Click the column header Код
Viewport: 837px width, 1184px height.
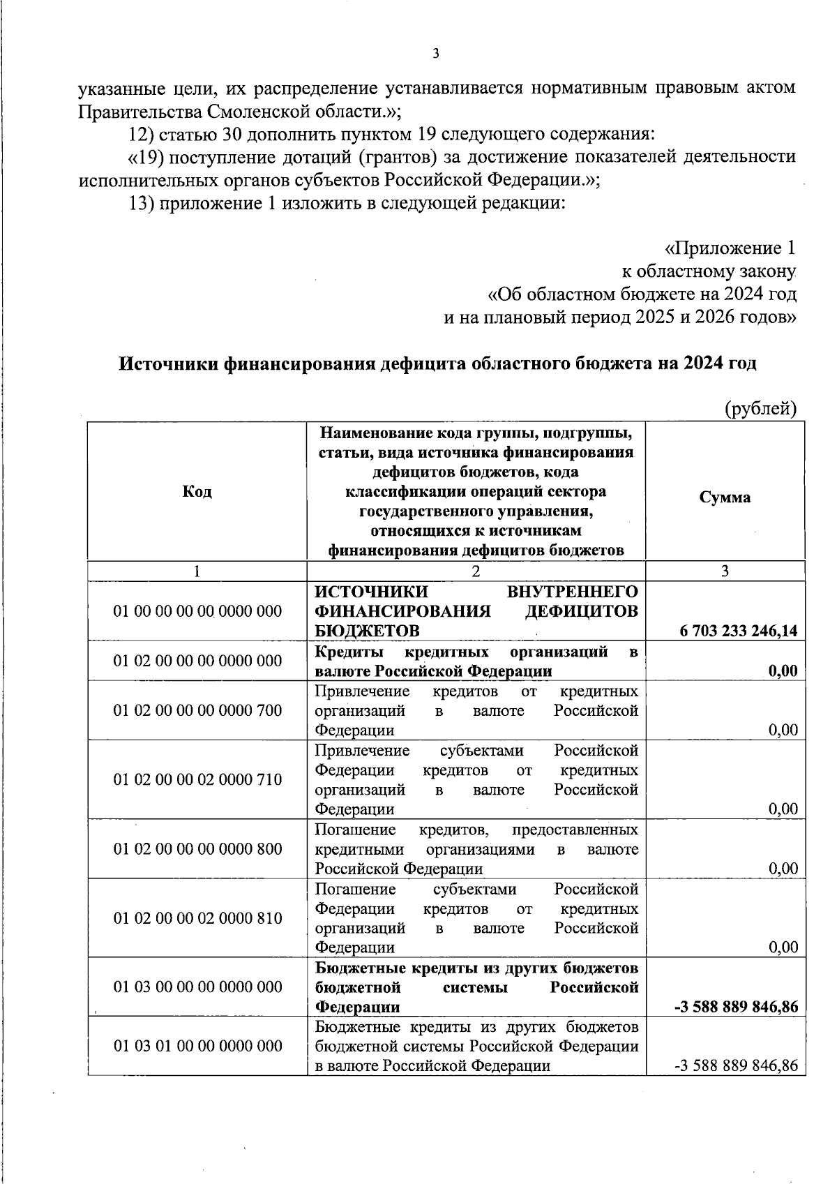(197, 493)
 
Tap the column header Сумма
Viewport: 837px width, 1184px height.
(725, 498)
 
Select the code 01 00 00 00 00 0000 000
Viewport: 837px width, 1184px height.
(197, 612)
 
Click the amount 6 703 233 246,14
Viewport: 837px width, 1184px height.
(739, 632)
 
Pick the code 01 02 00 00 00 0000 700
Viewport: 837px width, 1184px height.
(197, 711)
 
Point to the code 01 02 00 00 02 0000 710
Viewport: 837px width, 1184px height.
(197, 780)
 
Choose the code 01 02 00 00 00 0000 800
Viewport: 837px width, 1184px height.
(197, 849)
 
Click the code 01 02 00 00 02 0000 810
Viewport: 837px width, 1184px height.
(197, 918)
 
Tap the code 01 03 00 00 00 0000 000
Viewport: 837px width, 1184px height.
(197, 987)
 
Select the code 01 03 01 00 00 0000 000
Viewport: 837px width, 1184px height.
(197, 1047)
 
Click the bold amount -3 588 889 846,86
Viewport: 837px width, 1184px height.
(736, 1007)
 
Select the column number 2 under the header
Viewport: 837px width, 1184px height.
(476, 571)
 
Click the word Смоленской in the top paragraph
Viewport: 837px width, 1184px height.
(254, 112)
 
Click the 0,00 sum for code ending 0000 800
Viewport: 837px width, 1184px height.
(783, 869)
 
